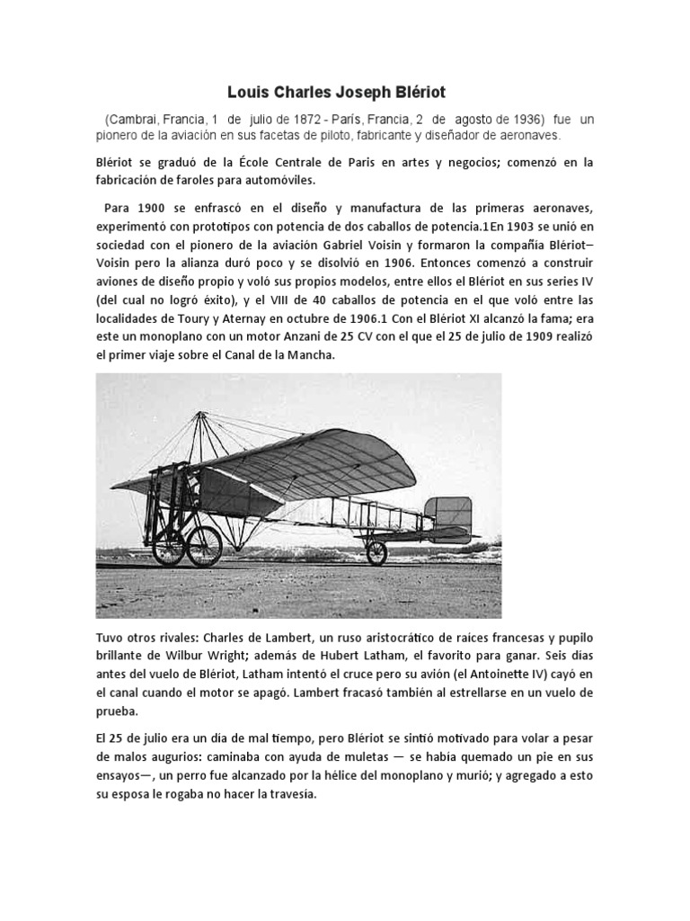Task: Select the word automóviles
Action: (x=267, y=180)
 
